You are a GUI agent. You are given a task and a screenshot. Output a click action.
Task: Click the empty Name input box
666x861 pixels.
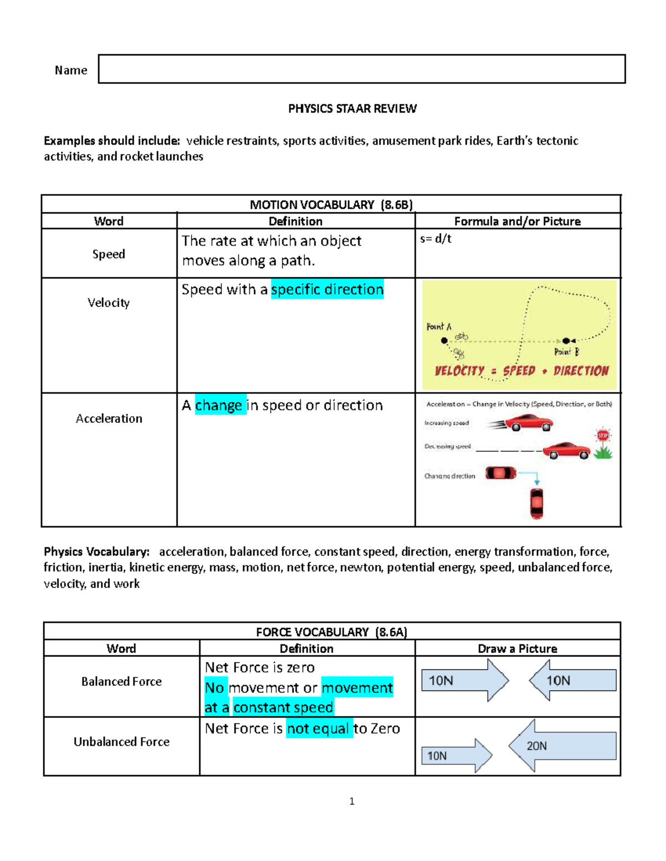pos(361,69)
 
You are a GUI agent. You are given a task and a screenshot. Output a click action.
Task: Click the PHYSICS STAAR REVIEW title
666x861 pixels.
pos(352,109)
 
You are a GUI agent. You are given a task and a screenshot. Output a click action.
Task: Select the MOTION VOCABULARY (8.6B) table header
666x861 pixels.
pos(331,205)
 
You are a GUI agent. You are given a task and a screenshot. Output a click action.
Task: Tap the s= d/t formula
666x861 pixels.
pos(436,239)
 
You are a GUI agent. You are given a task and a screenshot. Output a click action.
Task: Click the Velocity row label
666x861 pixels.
pos(109,303)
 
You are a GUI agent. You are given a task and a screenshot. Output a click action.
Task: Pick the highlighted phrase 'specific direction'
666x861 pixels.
pos(327,289)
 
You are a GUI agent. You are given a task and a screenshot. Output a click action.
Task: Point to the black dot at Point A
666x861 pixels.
pos(444,340)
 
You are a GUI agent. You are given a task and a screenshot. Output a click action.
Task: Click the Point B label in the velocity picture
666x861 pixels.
pos(566,352)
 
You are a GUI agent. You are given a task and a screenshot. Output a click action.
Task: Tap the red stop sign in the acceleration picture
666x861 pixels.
pos(603,436)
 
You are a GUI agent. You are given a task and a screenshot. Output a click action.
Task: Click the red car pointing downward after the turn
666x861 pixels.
pos(537,503)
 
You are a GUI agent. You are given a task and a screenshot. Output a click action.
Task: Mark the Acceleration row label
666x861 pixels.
pos(109,419)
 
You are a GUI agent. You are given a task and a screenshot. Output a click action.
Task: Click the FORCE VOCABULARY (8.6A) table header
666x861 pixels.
pos(331,632)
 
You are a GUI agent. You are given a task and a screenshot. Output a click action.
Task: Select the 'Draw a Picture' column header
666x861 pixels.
pos(517,649)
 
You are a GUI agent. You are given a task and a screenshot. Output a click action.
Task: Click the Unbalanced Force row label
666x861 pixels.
pos(122,742)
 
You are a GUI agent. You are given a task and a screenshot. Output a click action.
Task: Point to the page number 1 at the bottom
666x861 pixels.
pos(352,801)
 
